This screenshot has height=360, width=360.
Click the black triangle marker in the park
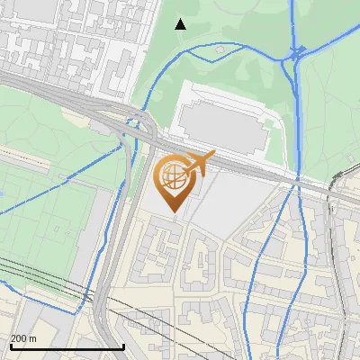pyautogui.click(x=181, y=24)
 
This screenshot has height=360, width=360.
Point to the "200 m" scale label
pyautogui.click(x=23, y=338)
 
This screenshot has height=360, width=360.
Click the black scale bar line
pyautogui.click(x=67, y=346)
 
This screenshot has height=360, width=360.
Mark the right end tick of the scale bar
pyautogui.click(x=123, y=345)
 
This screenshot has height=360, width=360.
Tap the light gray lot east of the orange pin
pyautogui.click(x=229, y=202)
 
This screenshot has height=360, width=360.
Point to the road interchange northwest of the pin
pyautogui.click(x=135, y=126)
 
